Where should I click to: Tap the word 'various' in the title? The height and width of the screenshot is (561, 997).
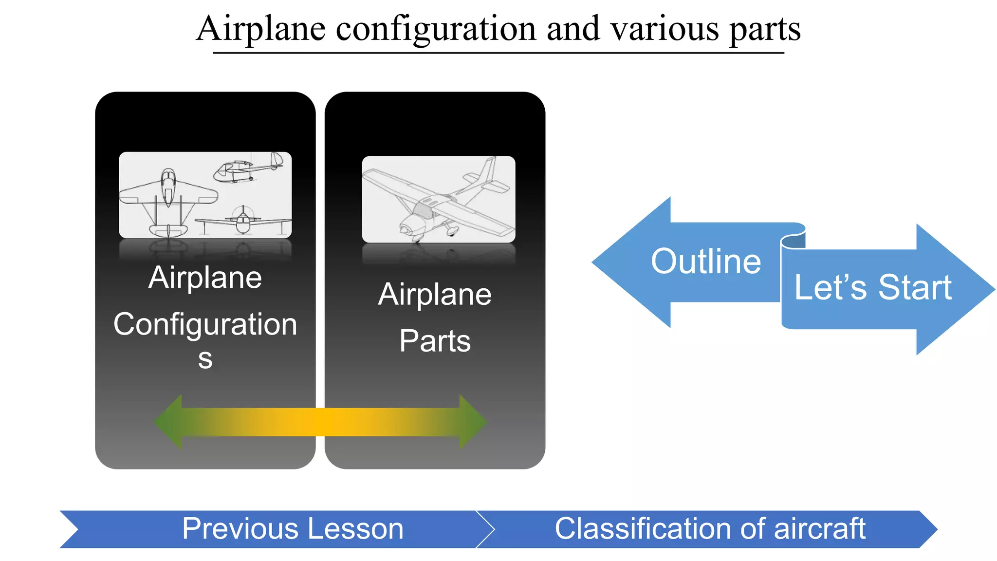[665, 29]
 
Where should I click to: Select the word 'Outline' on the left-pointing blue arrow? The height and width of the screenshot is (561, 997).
[705, 262]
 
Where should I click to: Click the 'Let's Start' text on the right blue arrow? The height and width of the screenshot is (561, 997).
[872, 287]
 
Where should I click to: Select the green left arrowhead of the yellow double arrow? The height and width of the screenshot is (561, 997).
[168, 422]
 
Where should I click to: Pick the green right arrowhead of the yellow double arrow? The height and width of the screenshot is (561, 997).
[472, 422]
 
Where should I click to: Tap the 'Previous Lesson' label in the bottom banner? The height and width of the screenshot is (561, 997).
[293, 529]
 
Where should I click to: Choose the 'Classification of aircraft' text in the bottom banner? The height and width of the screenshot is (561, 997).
[710, 529]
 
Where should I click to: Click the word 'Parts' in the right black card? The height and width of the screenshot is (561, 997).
[435, 341]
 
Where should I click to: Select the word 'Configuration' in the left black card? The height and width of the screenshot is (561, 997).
[205, 324]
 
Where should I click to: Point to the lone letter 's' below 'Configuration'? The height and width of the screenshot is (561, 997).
[205, 359]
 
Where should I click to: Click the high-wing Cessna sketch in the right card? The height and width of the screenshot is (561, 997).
[438, 199]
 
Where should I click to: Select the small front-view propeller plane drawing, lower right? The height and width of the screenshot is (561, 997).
[242, 220]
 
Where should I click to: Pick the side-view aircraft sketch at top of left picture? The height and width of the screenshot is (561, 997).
[248, 168]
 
